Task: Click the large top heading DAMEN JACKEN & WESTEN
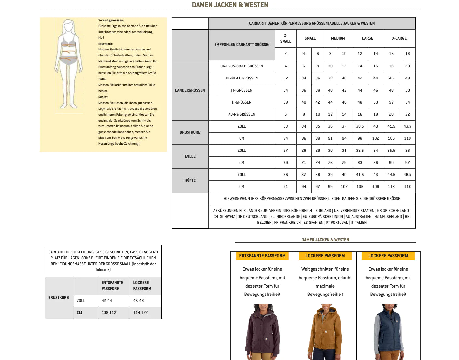[x=230, y=5]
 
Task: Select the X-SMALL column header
[x=285, y=38]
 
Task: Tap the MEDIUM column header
[x=338, y=38]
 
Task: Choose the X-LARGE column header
[x=399, y=38]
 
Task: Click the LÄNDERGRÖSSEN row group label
[x=190, y=90]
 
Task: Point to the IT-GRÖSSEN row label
[x=242, y=102]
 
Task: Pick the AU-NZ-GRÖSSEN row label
[x=242, y=114]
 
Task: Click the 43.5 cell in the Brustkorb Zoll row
[x=407, y=126]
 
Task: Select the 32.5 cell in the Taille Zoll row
[x=360, y=151]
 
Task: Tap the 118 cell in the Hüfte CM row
[x=407, y=187]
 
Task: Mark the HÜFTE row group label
[x=190, y=180]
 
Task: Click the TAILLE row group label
[x=190, y=156]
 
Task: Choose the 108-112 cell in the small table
[x=109, y=313]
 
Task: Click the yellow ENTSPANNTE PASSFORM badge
[x=262, y=256]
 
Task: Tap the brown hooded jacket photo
[x=325, y=332]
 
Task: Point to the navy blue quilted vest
[x=388, y=332]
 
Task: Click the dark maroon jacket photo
[x=262, y=332]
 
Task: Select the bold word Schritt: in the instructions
[x=103, y=97]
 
